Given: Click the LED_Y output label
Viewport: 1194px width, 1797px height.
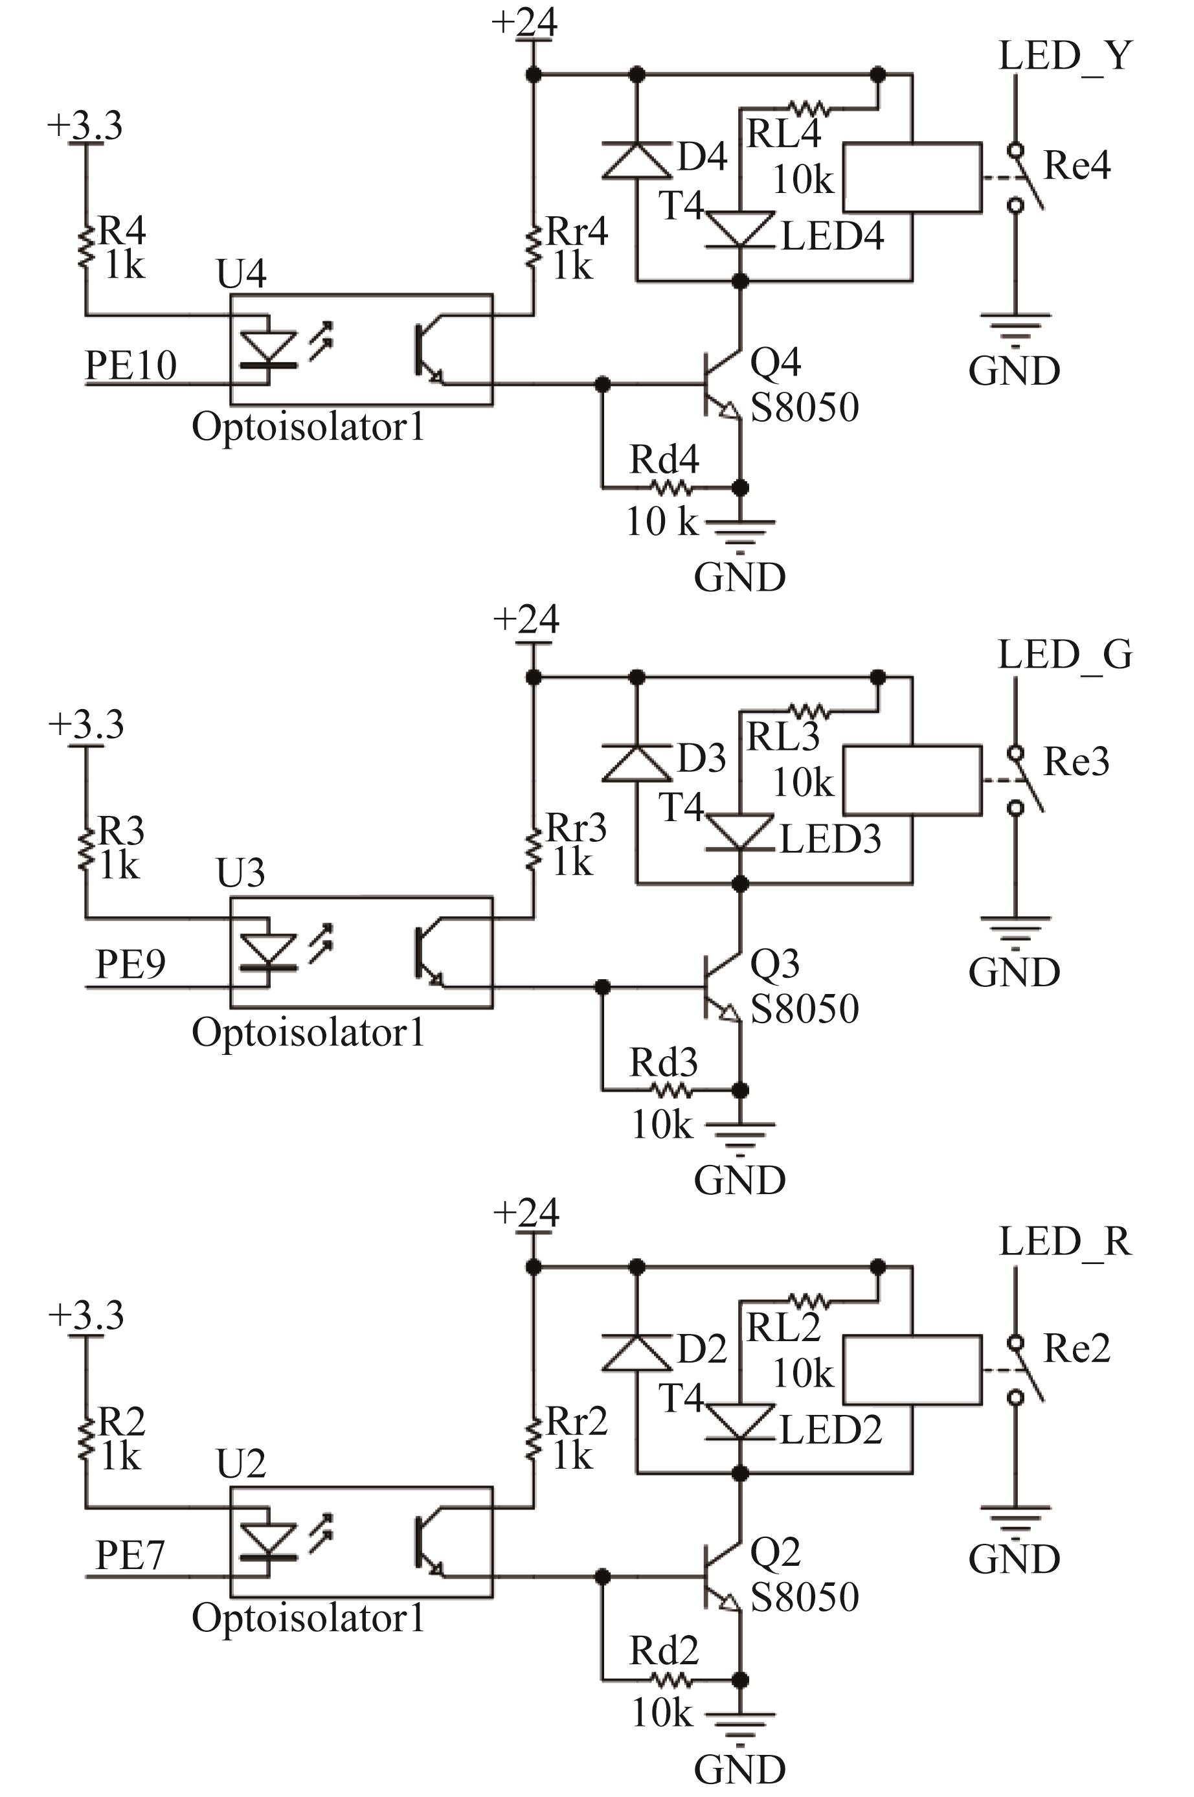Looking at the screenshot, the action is tap(1065, 56).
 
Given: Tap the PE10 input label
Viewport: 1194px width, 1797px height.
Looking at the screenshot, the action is tap(131, 365).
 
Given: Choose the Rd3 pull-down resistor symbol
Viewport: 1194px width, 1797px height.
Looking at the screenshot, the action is tap(671, 1091).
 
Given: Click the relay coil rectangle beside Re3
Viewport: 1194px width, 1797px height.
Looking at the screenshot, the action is tap(912, 780).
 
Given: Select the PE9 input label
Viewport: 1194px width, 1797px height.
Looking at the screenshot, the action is tap(130, 964).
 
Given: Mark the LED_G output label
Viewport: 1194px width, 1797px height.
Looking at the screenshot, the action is tap(1065, 655).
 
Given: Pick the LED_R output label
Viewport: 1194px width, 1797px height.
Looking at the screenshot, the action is tap(1065, 1241).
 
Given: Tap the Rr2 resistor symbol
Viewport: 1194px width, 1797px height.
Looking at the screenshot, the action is tap(534, 1436).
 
